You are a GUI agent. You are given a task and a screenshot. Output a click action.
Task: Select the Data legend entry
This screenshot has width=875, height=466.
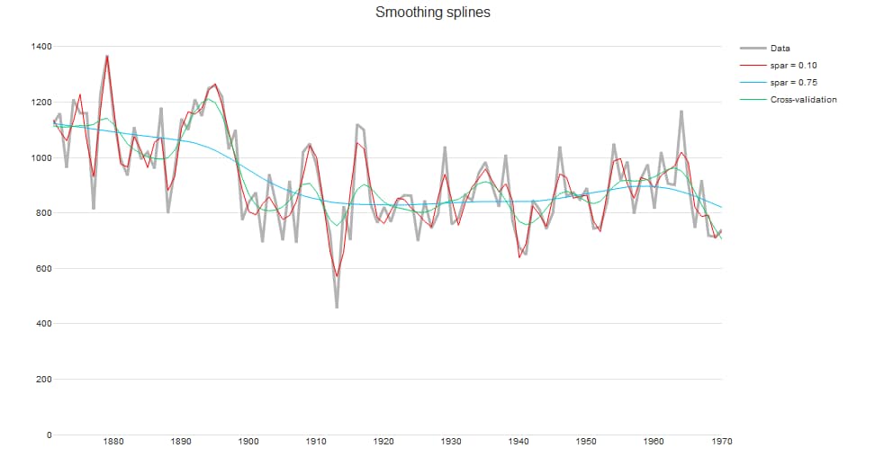tap(780, 49)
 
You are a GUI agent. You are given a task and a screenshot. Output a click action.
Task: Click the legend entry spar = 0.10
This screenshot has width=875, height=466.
tap(793, 66)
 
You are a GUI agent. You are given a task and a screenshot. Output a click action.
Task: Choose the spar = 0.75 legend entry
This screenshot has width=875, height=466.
tap(793, 82)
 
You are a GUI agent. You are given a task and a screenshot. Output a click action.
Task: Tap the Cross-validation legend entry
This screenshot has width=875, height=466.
tap(803, 99)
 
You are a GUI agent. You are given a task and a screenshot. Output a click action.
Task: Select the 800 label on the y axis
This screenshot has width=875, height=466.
tap(41, 213)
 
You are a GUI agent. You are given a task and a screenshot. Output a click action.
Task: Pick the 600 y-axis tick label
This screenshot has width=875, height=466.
tap(41, 269)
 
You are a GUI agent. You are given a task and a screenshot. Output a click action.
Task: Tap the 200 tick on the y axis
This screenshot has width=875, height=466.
tap(41, 380)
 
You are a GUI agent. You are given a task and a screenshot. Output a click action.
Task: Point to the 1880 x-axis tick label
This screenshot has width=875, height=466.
tap(113, 442)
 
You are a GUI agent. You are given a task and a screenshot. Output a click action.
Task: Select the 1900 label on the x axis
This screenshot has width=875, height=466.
tap(248, 442)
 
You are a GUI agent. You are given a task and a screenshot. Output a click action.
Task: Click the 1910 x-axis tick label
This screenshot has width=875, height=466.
tap(316, 442)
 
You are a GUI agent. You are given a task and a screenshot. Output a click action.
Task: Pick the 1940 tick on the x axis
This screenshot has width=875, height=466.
tap(519, 442)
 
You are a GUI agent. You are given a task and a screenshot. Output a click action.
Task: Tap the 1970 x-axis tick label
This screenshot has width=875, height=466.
tap(721, 442)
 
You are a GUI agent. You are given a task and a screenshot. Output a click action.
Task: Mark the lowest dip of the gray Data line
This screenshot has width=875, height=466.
tap(337, 308)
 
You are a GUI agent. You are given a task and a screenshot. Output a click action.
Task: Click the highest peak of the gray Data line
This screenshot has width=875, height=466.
tap(107, 57)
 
